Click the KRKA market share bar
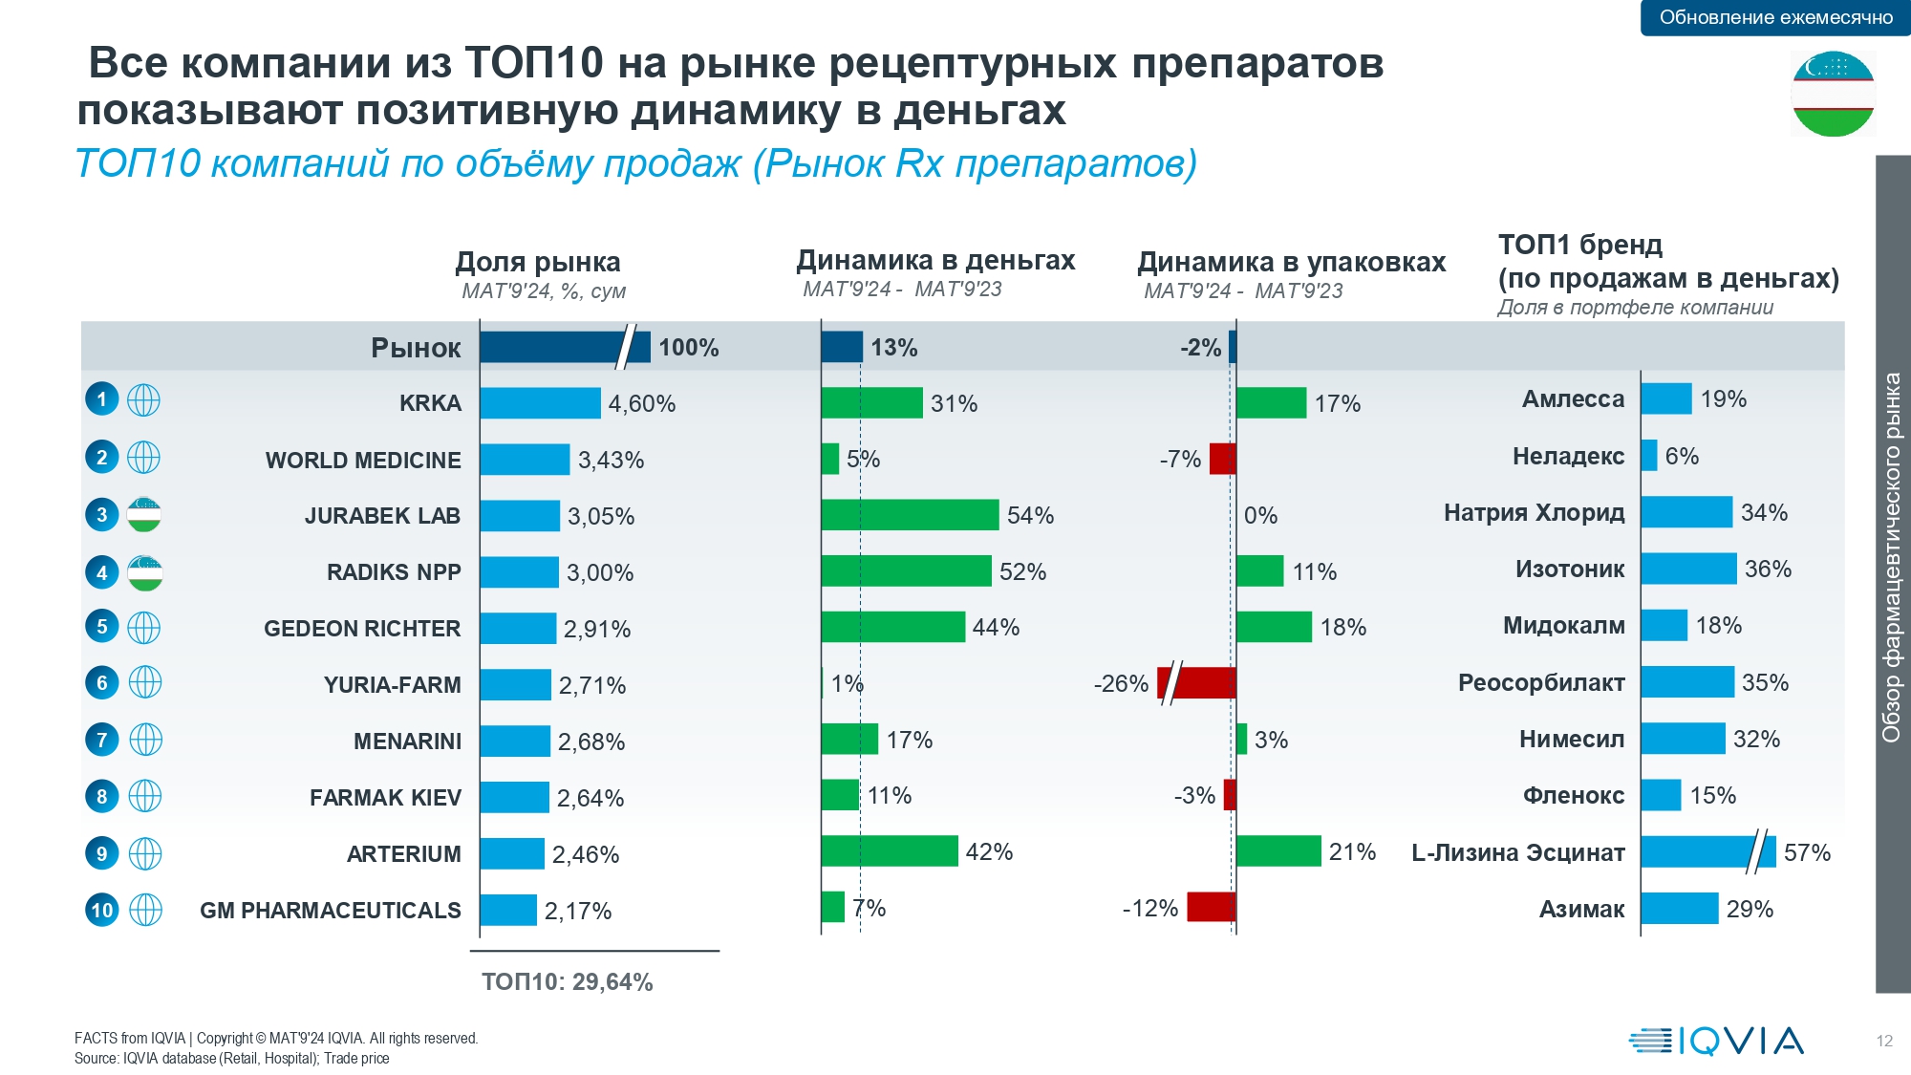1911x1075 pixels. coord(540,403)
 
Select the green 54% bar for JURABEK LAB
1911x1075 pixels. coord(910,515)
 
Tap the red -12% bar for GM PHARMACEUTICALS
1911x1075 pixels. coord(1211,907)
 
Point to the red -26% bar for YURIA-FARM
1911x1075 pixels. coord(1198,683)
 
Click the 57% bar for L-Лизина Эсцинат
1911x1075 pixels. coord(1707,851)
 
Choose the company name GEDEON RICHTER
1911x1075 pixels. coord(362,629)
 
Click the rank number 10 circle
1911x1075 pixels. coord(102,910)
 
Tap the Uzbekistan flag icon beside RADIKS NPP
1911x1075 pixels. coord(145,573)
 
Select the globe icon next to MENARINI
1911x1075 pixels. coord(145,740)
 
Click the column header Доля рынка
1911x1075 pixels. coord(538,262)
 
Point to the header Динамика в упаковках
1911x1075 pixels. coord(1291,262)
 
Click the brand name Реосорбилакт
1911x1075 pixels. coord(1540,683)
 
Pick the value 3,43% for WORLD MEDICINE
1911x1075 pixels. coord(611,461)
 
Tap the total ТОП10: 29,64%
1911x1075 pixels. coord(567,982)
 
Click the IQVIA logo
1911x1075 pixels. coord(1716,1041)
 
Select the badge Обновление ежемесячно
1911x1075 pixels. coord(1775,17)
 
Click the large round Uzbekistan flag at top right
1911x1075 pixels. coord(1833,95)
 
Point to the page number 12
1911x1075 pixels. coord(1884,1042)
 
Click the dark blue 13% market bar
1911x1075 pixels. coord(842,347)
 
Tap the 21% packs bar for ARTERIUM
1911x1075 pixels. coord(1278,851)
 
